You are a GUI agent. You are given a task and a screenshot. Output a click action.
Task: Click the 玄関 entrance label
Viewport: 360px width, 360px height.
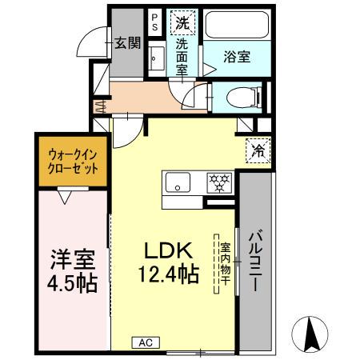click(x=126, y=44)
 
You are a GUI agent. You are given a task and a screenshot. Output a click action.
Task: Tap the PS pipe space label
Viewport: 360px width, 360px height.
click(x=154, y=21)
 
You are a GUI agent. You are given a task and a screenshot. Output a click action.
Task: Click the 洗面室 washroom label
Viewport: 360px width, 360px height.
click(x=183, y=58)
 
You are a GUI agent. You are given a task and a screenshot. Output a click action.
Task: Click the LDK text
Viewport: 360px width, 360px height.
click(x=169, y=250)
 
